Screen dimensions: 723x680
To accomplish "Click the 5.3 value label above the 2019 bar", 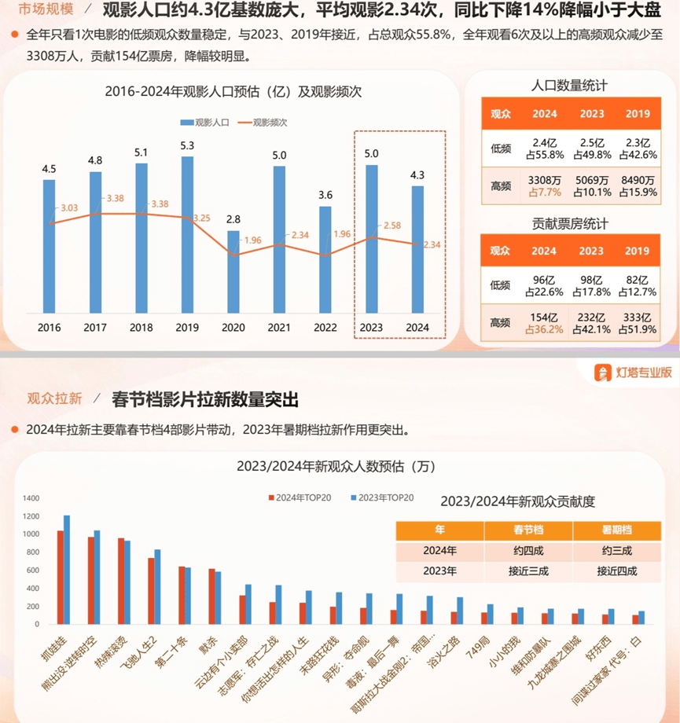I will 187,145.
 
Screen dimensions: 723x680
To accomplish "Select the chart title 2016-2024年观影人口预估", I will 233,91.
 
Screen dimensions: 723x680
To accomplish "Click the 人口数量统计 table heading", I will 569,86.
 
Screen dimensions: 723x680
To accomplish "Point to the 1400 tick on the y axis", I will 31,498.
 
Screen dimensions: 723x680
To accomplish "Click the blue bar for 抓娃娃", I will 67,570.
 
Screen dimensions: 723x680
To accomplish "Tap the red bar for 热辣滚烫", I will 121,582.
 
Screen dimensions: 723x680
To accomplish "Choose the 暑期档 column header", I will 616,529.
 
